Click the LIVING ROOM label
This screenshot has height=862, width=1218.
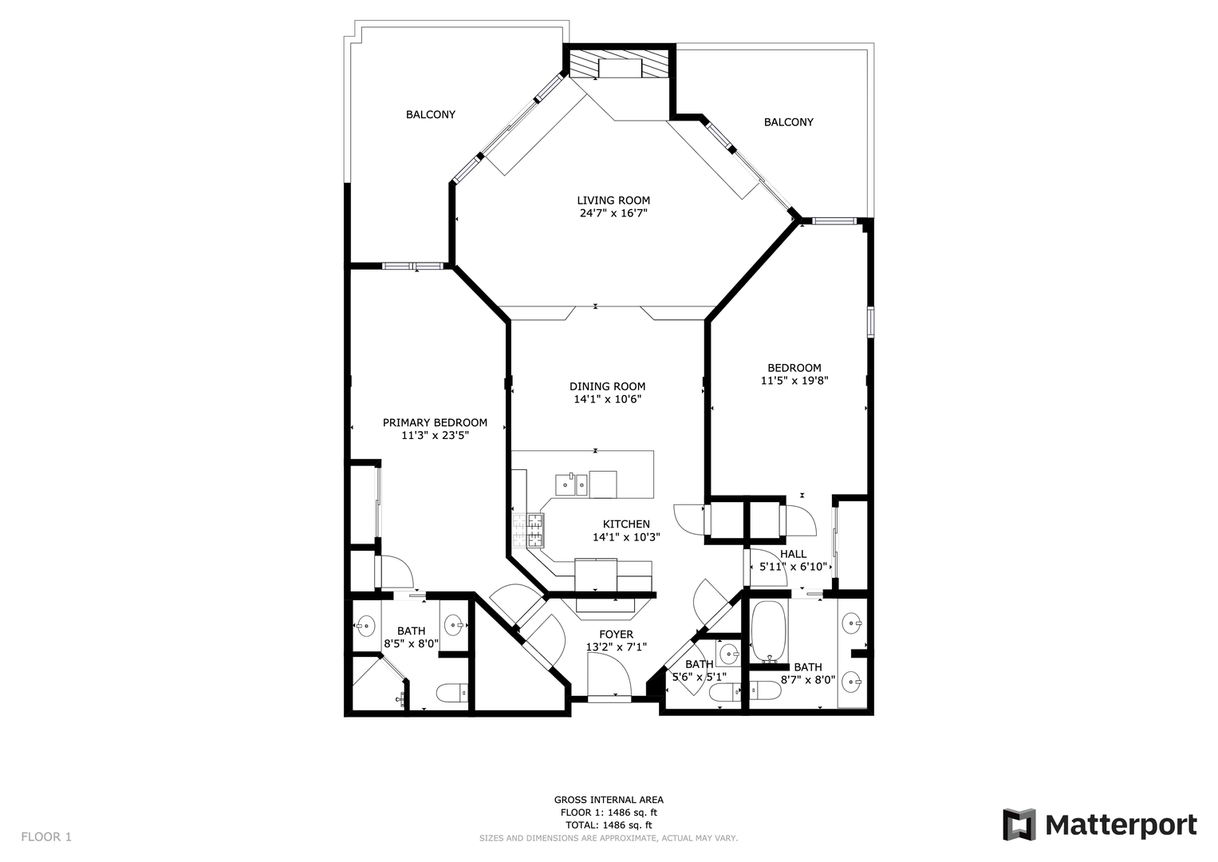coord(613,200)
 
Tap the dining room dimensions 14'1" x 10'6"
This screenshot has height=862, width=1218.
coord(607,399)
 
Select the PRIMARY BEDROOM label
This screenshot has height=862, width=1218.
coord(435,422)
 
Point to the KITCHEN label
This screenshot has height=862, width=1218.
coord(626,524)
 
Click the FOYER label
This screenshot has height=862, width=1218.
coord(616,634)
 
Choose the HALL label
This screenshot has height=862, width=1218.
coord(794,554)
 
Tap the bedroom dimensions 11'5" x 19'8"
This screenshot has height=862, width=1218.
coord(794,381)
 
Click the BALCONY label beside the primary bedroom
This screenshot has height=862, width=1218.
coord(431,114)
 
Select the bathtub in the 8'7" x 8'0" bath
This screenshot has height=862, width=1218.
coord(768,631)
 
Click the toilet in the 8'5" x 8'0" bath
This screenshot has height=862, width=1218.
coord(452,693)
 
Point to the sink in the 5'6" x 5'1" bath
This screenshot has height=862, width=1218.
coord(728,653)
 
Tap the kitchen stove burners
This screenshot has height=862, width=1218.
coord(528,529)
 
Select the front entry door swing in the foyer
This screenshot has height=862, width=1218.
coord(609,673)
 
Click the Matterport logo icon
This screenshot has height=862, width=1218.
coord(1019,824)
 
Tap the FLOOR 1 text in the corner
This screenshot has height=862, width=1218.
coord(46,837)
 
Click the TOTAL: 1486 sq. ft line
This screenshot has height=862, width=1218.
coord(609,825)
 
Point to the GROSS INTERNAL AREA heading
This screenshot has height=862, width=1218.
coord(609,800)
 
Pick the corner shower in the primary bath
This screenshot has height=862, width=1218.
coord(379,683)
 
